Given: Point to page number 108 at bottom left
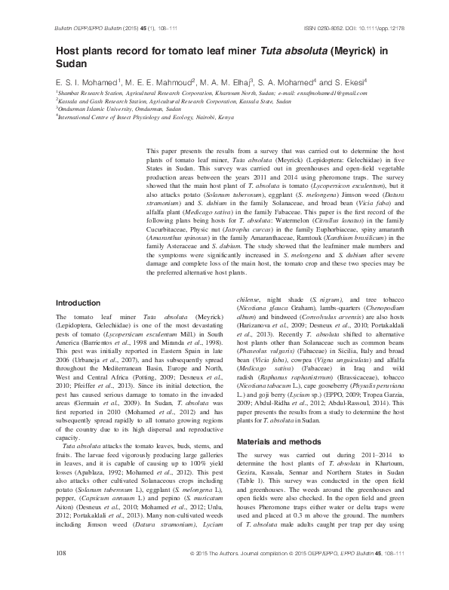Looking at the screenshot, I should click(x=63, y=574).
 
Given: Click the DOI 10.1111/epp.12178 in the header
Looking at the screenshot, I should click(x=364, y=27).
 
